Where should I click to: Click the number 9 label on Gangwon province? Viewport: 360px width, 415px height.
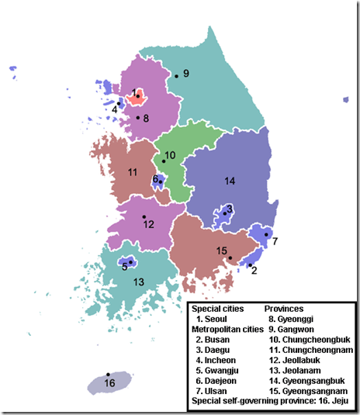click(186, 73)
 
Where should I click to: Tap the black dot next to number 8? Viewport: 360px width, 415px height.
click(138, 118)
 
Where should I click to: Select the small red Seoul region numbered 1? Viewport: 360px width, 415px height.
click(137, 97)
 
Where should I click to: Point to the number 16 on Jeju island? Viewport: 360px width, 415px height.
click(109, 383)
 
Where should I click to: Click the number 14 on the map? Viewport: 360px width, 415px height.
click(229, 181)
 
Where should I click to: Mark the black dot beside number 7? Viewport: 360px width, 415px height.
click(265, 234)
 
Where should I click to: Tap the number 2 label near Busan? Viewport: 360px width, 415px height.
click(254, 270)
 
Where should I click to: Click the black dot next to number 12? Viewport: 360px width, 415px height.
click(144, 216)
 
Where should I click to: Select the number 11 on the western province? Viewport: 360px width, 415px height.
click(133, 171)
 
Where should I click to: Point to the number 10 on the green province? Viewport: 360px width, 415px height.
click(170, 155)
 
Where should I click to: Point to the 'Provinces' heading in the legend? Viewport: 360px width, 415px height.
click(289, 308)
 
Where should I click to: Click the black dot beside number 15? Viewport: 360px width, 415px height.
click(230, 258)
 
